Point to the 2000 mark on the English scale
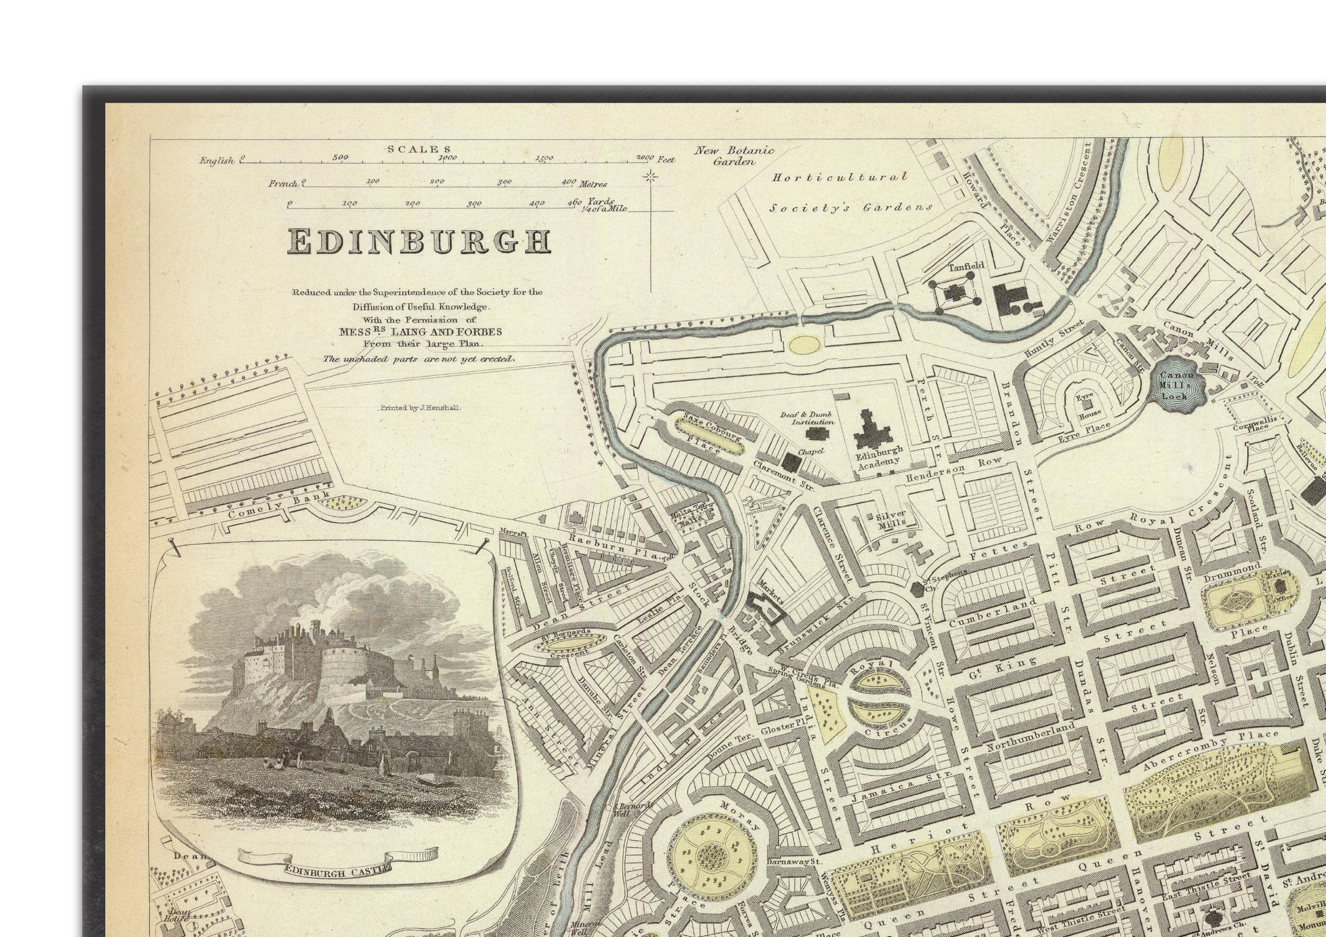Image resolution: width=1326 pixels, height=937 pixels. click(645, 158)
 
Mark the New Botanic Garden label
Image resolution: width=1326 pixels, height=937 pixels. click(733, 156)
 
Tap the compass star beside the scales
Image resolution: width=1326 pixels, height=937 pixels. click(651, 177)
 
